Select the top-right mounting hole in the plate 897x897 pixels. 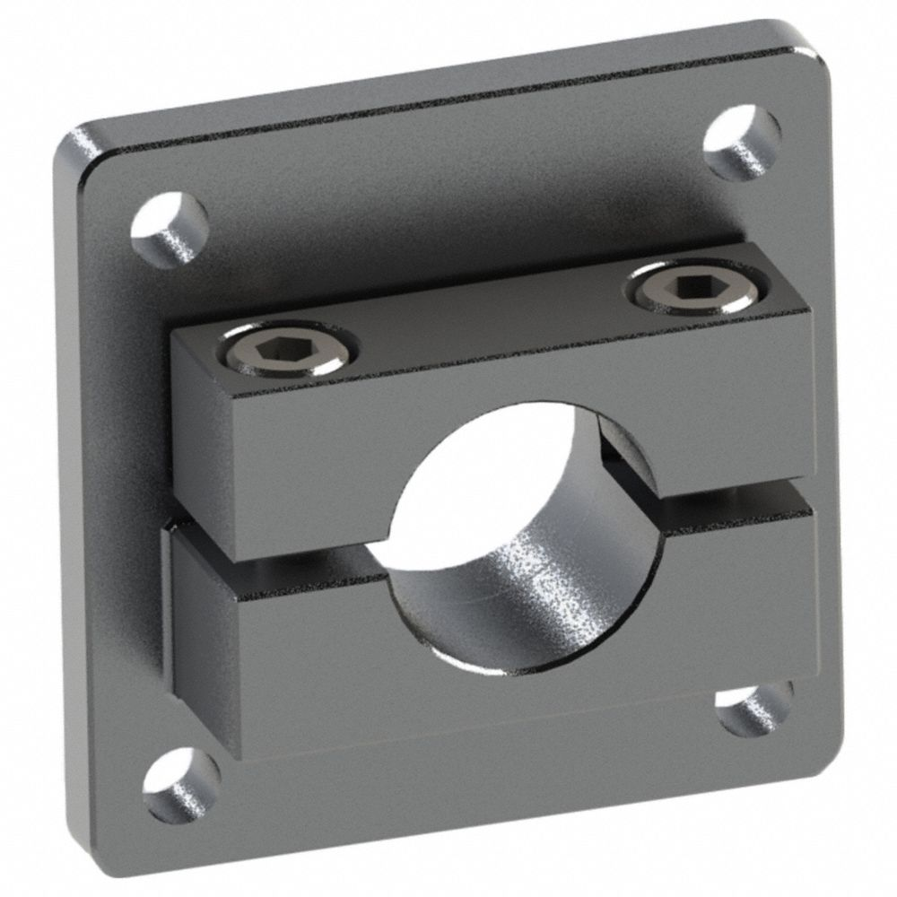pyautogui.click(x=742, y=142)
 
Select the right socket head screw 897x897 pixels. pyautogui.click(x=685, y=286)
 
